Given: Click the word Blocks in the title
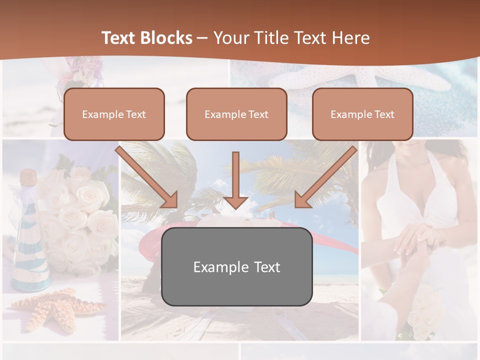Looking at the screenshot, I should (x=166, y=38).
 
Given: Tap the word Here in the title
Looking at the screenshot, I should (x=351, y=38).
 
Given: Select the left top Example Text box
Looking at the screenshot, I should (x=114, y=114).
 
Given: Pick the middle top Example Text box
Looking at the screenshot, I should (x=236, y=114).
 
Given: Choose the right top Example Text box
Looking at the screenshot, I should (x=362, y=114).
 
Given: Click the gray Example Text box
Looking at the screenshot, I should (x=236, y=266).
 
